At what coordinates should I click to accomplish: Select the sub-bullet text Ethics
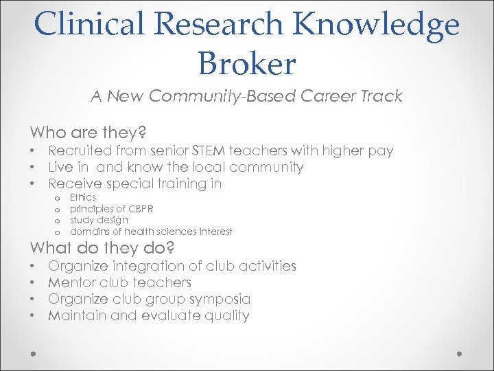83,197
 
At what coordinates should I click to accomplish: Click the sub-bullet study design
99,220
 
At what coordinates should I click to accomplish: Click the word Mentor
72,282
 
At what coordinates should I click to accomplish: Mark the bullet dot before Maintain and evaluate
33,316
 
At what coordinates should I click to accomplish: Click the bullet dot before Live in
33,167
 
